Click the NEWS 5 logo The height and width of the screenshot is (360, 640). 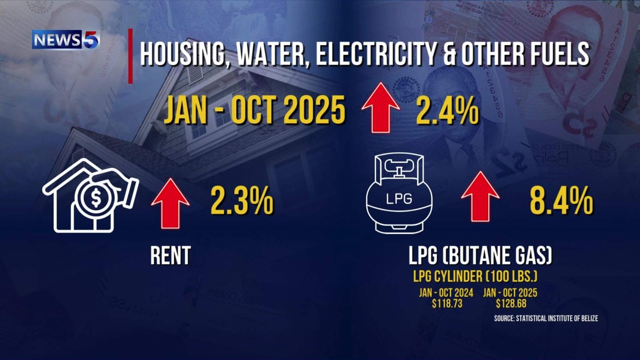(x=65, y=39)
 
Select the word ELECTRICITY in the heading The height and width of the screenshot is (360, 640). (x=374, y=54)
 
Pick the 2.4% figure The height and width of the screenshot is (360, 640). (x=447, y=112)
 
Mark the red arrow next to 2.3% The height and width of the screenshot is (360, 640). (x=170, y=201)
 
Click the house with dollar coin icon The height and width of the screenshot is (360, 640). (x=90, y=196)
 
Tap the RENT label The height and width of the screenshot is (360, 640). (x=170, y=256)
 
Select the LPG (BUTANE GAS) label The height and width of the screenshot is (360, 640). (x=480, y=256)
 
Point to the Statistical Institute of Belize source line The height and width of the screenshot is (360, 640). (x=546, y=319)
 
